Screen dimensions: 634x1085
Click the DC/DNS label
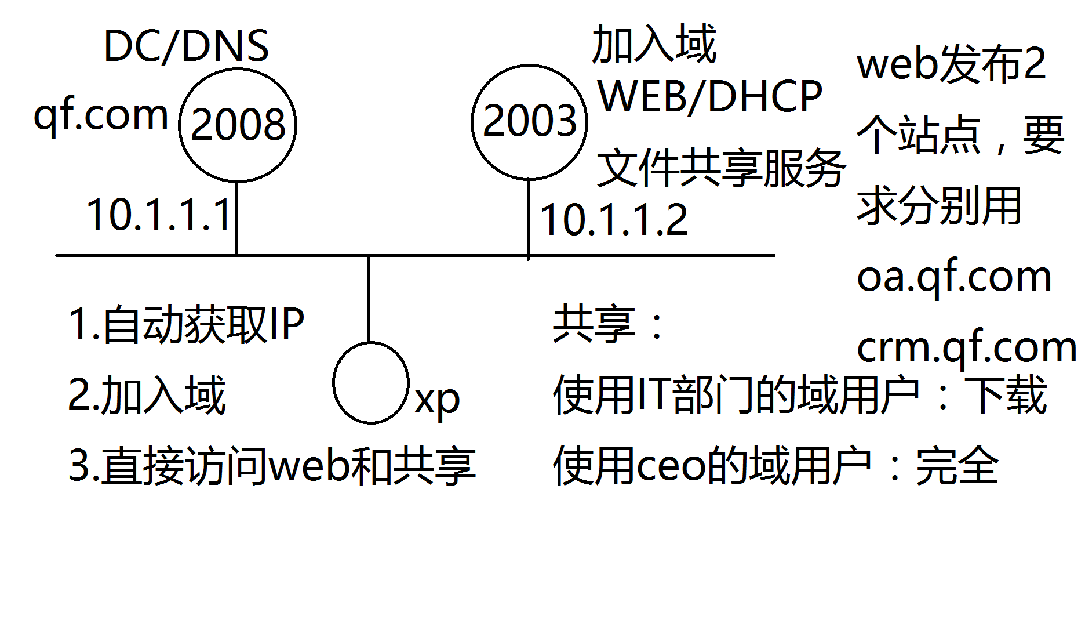point(185,46)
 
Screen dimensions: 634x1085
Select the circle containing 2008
point(238,125)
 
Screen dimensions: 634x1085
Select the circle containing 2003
point(529,122)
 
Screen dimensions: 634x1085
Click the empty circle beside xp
point(371,383)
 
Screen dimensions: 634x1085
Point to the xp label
point(437,400)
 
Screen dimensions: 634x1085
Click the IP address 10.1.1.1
point(159,215)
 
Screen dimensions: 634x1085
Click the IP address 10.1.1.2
point(613,220)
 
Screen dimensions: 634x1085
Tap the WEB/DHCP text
point(709,96)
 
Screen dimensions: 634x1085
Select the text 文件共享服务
point(720,169)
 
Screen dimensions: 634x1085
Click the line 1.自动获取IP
point(186,324)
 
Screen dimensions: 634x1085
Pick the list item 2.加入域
point(147,395)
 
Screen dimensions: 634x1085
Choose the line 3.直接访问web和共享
point(272,466)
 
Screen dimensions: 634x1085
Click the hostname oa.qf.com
point(953,277)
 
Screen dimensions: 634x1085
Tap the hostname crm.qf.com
point(966,348)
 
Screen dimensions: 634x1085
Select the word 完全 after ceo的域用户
point(957,466)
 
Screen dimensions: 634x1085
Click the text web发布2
point(951,64)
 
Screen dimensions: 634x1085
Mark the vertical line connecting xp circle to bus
point(369,299)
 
